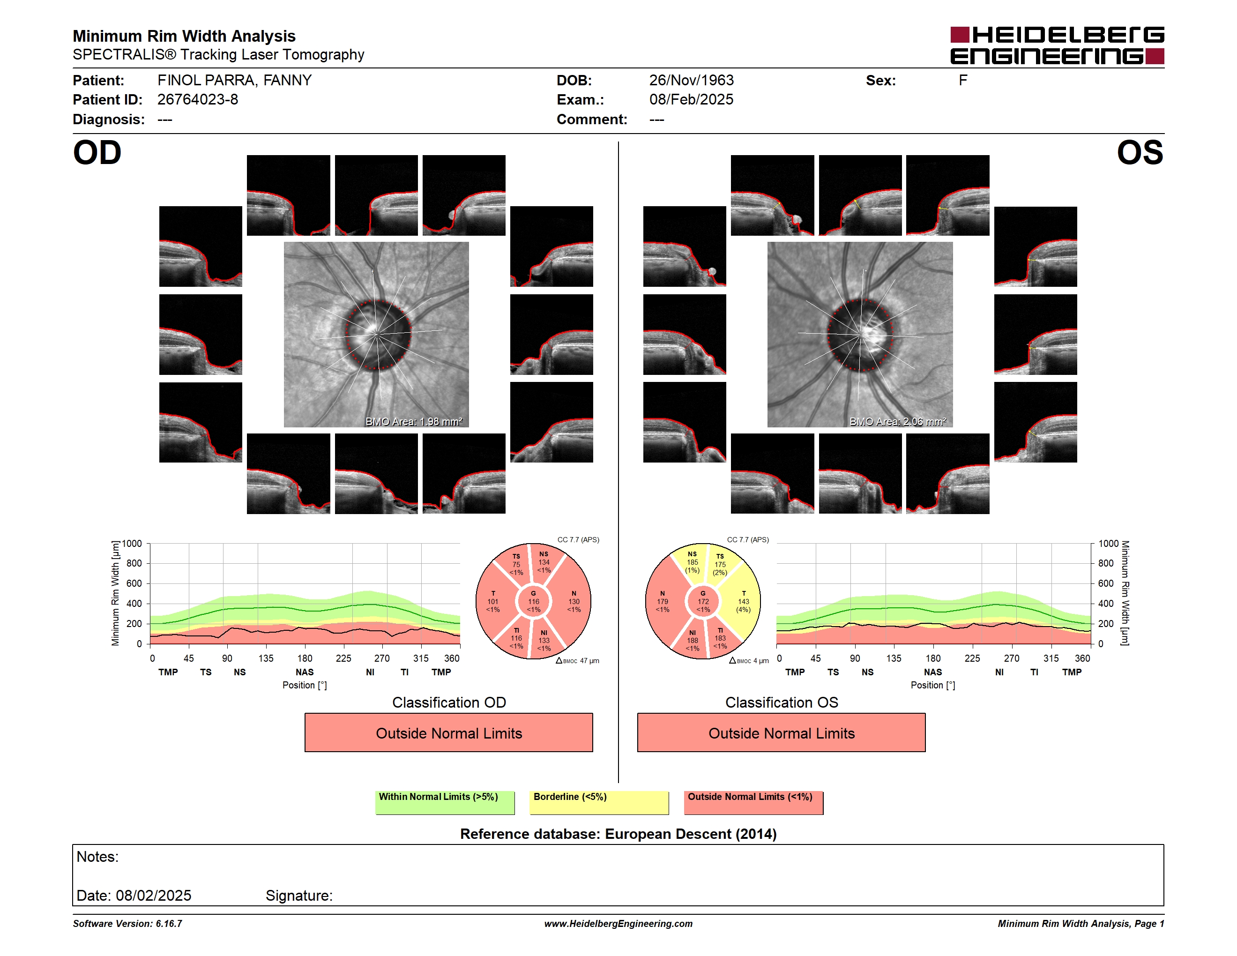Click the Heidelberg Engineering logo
1057,45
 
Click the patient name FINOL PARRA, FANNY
234,81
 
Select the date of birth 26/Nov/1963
691,81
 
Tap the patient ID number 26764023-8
198,100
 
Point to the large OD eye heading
97,153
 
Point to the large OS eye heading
1140,153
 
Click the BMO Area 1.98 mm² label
413,421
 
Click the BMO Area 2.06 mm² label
898,421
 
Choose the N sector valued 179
663,601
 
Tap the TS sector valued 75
513,563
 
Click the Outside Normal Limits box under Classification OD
448,733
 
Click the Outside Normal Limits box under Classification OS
782,733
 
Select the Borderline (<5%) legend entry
599,802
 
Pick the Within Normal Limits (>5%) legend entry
445,802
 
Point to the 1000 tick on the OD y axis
132,544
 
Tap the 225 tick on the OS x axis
972,658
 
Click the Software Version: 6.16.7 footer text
127,924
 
